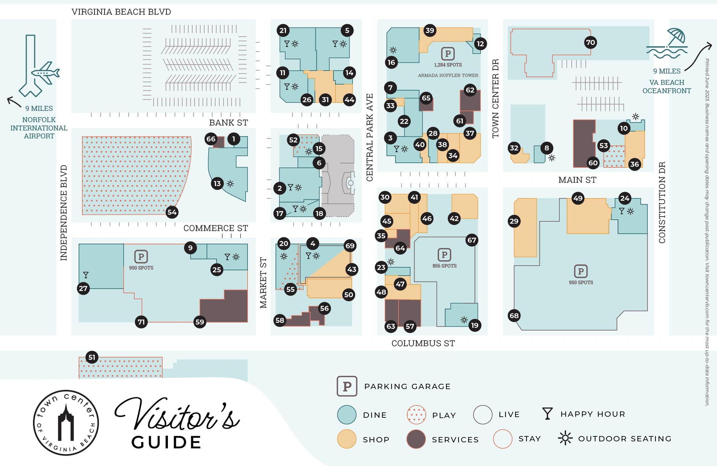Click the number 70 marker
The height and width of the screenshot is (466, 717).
point(590,42)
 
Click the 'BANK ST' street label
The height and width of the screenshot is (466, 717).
point(228,123)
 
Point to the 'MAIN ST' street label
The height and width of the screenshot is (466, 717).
point(577,180)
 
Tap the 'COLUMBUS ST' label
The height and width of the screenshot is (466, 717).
point(423,344)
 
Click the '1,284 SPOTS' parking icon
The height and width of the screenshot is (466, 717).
point(448,54)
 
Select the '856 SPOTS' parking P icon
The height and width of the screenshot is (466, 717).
point(444,255)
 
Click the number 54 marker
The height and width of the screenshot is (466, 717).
point(172,212)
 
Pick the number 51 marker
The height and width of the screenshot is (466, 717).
point(92,357)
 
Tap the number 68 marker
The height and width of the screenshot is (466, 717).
point(514,316)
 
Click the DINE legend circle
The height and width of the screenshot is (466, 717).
point(347,415)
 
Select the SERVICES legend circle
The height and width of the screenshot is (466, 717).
point(416,439)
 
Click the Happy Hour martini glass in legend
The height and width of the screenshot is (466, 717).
point(547,414)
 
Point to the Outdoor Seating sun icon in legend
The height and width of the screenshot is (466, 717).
point(565,438)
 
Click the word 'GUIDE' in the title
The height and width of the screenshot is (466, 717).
point(167,443)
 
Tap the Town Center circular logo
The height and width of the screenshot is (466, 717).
point(66,423)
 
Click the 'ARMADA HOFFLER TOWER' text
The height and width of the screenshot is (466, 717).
point(448,76)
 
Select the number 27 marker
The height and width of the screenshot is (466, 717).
point(83,288)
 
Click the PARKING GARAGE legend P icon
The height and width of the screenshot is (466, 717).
point(347,386)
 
